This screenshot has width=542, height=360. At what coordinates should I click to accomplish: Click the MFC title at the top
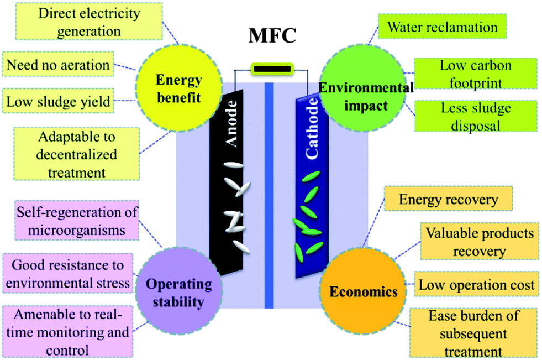(272, 35)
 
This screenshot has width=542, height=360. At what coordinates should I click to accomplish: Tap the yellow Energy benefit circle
(179, 88)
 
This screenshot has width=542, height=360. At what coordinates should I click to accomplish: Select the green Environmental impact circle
(362, 88)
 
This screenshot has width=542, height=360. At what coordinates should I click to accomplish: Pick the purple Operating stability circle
(178, 290)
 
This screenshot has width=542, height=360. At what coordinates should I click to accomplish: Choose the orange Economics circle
(362, 290)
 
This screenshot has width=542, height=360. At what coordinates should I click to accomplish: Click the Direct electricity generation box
(89, 22)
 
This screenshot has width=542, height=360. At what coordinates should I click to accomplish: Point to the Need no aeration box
(58, 64)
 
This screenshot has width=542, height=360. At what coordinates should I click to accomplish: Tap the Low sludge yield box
(58, 101)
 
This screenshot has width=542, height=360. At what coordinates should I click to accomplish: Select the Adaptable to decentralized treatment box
(77, 154)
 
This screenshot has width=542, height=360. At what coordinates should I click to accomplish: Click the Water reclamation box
(443, 27)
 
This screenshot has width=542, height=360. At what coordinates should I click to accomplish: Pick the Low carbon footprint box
(476, 74)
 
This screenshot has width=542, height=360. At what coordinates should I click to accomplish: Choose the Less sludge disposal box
(476, 116)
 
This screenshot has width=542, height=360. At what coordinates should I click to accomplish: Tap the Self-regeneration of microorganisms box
(77, 220)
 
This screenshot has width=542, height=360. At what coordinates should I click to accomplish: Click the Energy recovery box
(448, 199)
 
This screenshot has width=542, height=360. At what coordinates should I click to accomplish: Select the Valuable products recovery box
(480, 242)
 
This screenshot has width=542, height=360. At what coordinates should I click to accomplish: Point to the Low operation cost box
(476, 284)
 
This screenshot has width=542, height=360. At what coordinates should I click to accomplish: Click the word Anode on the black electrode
(231, 123)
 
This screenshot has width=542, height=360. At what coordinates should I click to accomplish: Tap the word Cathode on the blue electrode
(312, 129)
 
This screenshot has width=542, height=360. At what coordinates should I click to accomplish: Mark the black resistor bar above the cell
(272, 69)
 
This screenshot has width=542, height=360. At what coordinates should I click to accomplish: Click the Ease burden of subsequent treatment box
(473, 333)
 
